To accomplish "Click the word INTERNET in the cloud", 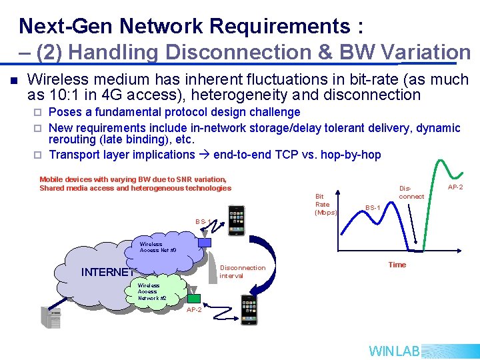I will pyautogui.click(x=107, y=272).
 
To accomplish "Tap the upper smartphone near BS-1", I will pyautogui.click(x=236, y=221).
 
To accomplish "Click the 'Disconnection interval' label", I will pyautogui.click(x=242, y=271).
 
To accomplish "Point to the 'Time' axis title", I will pyautogui.click(x=397, y=265).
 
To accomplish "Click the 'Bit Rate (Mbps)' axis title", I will pyautogui.click(x=325, y=205).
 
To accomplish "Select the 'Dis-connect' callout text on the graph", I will pyautogui.click(x=411, y=192).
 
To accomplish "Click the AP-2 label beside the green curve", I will pyautogui.click(x=456, y=187).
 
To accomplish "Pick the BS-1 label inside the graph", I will pyautogui.click(x=373, y=208).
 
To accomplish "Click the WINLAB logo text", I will pyautogui.click(x=394, y=351).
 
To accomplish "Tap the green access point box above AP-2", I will pyautogui.click(x=194, y=297).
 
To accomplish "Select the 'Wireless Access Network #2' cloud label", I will pyautogui.click(x=148, y=291).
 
